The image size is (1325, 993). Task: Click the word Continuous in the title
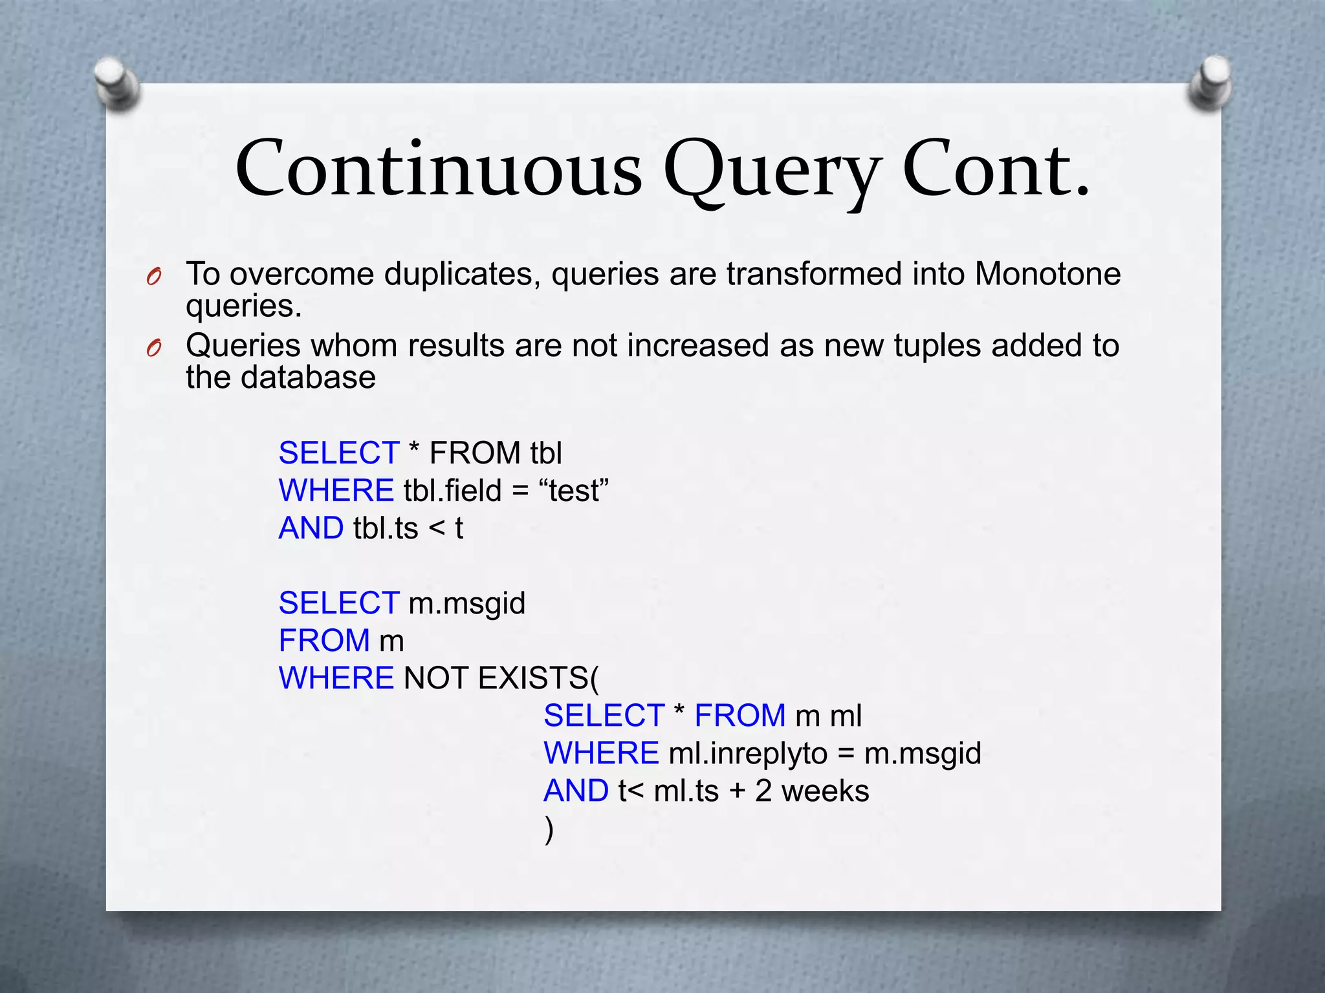point(439,169)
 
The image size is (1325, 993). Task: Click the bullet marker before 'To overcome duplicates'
point(154,277)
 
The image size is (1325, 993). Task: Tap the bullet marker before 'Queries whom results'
point(154,348)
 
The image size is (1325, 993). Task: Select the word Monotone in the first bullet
point(1047,273)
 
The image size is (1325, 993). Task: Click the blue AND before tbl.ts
point(311,528)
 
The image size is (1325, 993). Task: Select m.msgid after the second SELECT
point(467,603)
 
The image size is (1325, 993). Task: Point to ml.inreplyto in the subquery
point(748,753)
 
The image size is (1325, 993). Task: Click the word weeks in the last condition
point(825,791)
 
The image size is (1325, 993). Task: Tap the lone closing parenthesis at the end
point(549,829)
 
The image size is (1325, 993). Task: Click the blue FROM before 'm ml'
point(739,716)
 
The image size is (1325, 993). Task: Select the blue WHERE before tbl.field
point(336,491)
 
